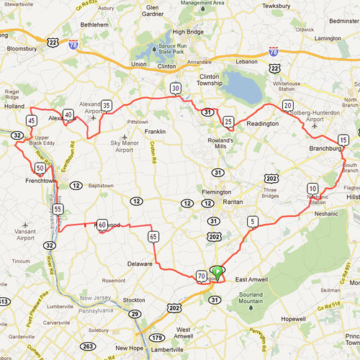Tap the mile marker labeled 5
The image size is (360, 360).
(252, 221)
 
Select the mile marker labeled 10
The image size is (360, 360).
(312, 188)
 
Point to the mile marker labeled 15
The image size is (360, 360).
(343, 140)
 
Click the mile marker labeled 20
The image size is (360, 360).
(288, 106)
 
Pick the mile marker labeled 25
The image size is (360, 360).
(228, 121)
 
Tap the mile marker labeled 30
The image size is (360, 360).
(175, 89)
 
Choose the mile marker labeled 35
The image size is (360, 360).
(106, 106)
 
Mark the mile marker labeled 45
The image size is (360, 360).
(32, 120)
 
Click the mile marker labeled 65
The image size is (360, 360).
(153, 236)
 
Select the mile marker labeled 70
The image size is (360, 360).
(201, 276)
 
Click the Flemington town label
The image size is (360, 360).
(217, 192)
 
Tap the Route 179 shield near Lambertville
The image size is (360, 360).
(157, 338)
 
